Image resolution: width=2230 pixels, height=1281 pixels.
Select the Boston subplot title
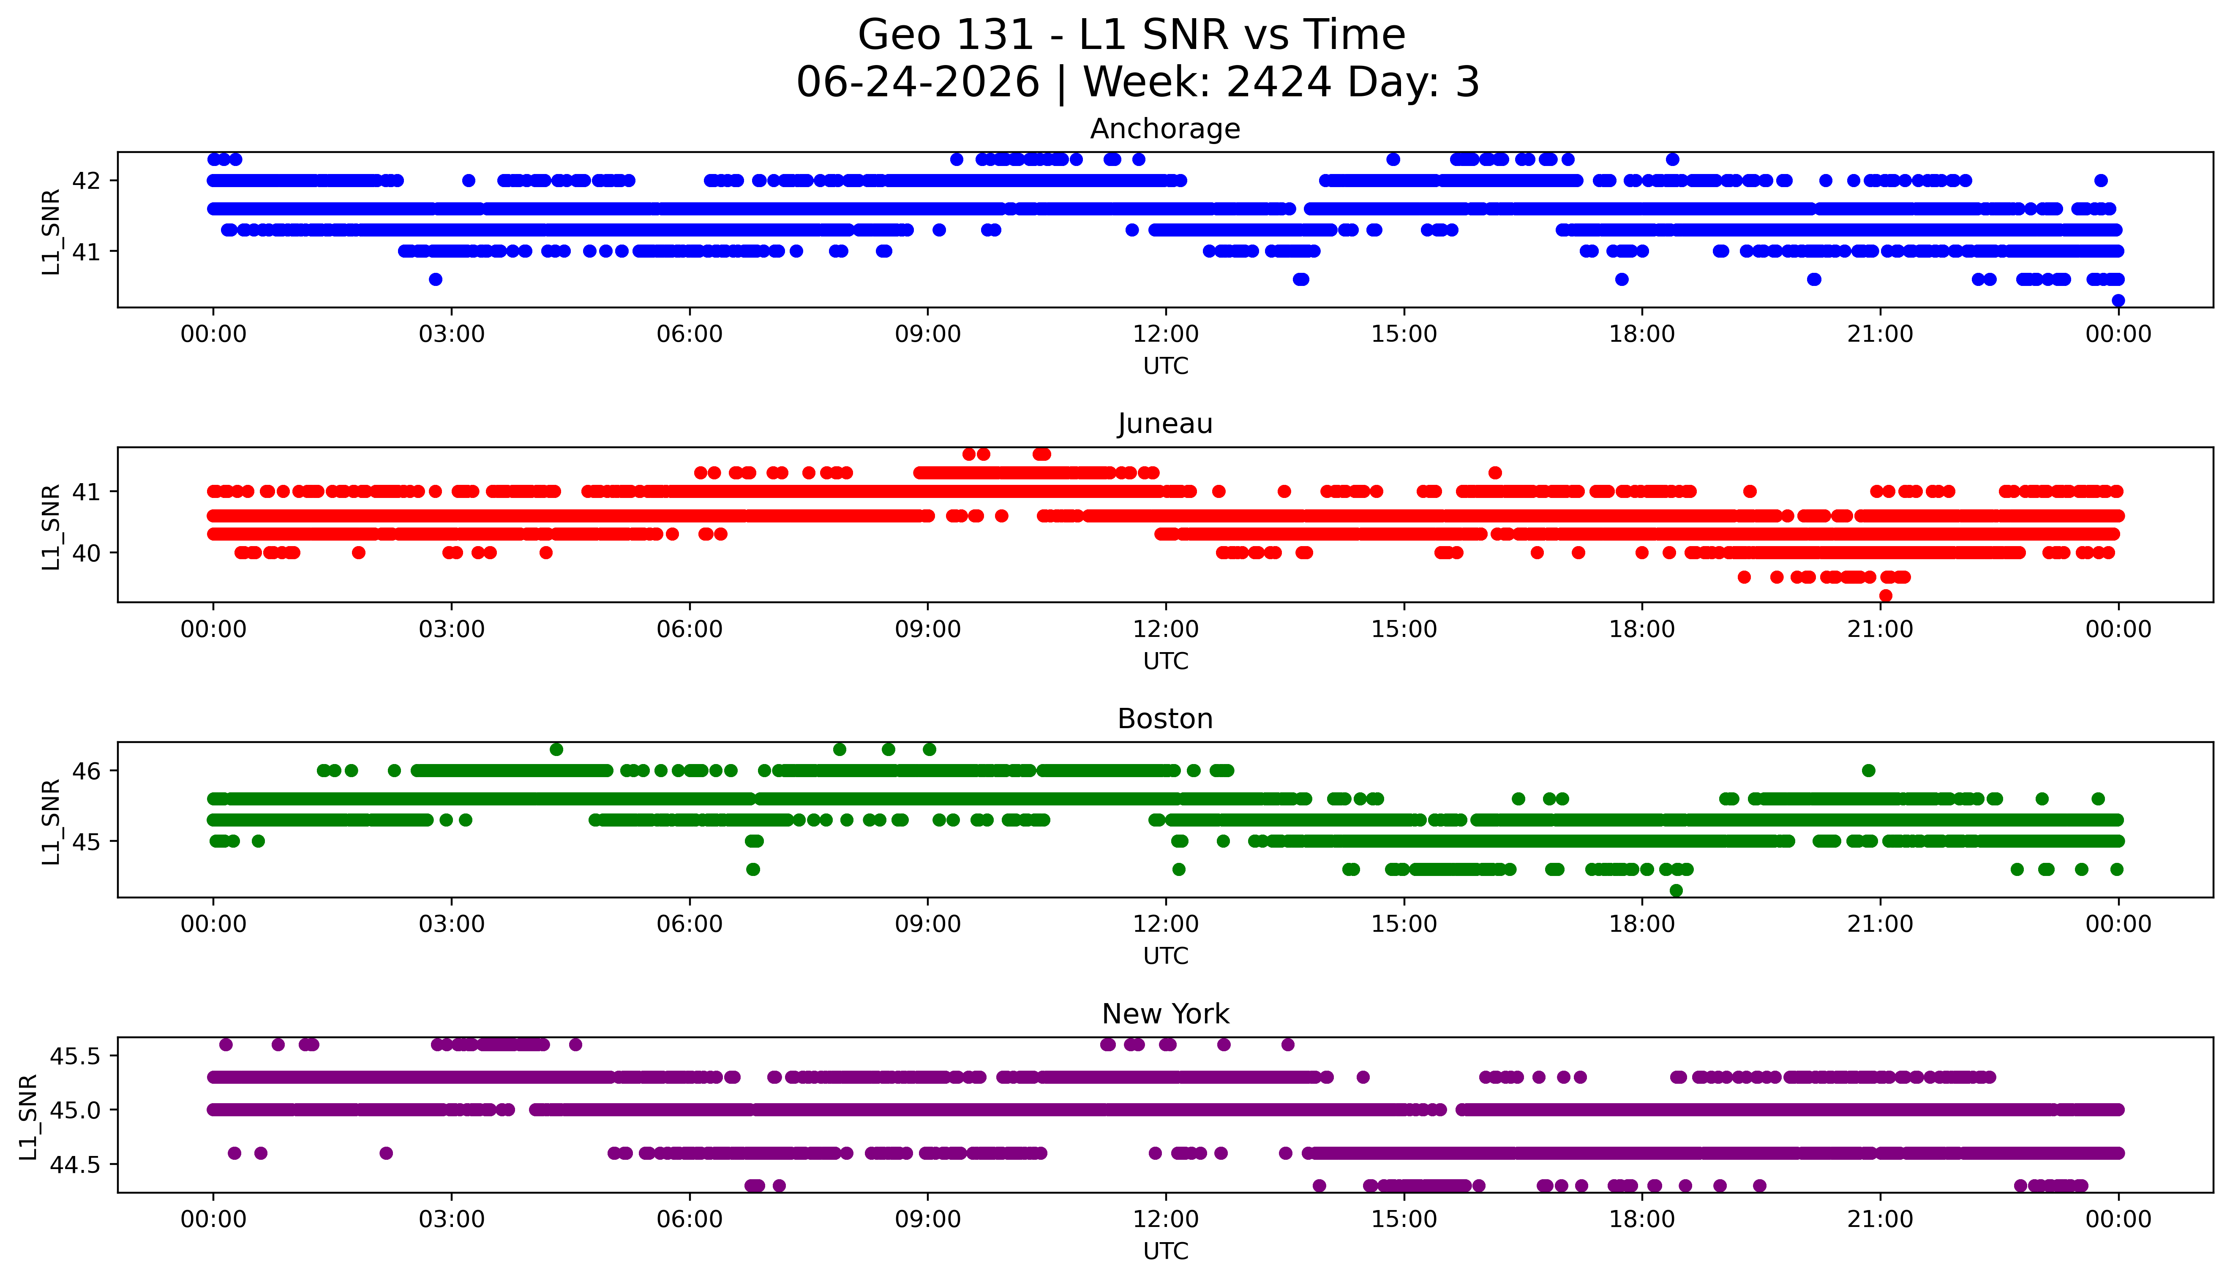(1165, 719)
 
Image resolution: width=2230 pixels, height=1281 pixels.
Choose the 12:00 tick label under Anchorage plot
(1166, 335)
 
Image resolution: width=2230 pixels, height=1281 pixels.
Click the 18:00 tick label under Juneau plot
(1642, 629)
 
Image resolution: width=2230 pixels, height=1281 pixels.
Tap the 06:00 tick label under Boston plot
(690, 924)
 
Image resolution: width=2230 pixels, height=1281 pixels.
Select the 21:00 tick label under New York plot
(1881, 1219)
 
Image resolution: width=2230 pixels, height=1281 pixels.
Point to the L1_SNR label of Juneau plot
(51, 526)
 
